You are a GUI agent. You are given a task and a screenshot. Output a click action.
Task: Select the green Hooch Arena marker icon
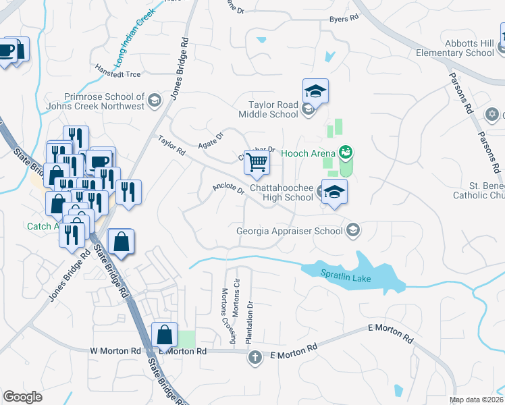346,152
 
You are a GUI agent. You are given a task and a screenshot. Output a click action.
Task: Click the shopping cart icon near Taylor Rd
257,162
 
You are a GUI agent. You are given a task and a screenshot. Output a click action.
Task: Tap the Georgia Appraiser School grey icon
352,231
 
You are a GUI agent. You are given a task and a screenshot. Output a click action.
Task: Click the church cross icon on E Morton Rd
255,357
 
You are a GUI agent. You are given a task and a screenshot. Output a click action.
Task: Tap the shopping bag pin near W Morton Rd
165,334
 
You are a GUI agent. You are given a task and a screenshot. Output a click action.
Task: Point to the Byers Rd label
344,19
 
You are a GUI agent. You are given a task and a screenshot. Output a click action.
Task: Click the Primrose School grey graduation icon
155,101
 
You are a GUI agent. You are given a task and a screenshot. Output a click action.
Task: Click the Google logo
23,397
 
